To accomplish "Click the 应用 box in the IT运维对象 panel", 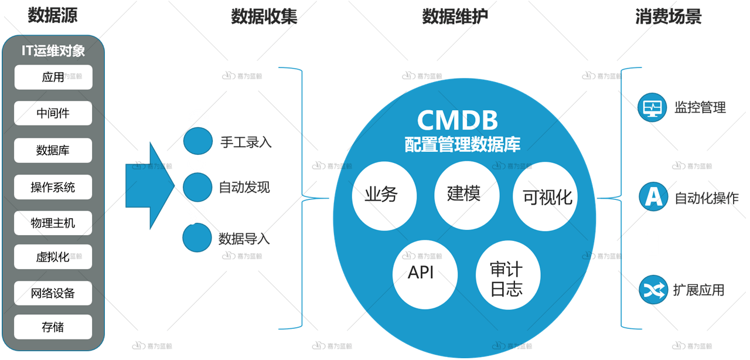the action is tap(53, 77).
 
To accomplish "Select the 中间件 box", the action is tap(53, 113).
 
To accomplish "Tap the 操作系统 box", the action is tap(53, 187).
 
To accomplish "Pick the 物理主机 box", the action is tap(53, 223).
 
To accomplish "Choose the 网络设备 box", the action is tap(53, 293).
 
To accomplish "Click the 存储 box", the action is tap(53, 327).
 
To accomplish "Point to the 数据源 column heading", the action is tap(53, 15).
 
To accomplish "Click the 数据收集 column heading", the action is tap(264, 16).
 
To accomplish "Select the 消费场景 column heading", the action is tap(669, 16).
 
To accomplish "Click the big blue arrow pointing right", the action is tap(150, 186).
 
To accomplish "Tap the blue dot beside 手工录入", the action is tap(198, 141).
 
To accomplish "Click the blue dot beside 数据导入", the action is tap(197, 237).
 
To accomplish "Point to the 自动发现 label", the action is tap(244, 188).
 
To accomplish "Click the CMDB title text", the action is tap(458, 120).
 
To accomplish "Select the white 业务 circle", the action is tap(384, 196).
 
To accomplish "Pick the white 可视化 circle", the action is tap(545, 196).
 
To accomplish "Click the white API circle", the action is tap(425, 274).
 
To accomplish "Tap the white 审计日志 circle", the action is tap(508, 275).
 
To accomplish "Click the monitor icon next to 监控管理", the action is tap(652, 107).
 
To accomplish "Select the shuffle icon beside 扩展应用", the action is tap(653, 290).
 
